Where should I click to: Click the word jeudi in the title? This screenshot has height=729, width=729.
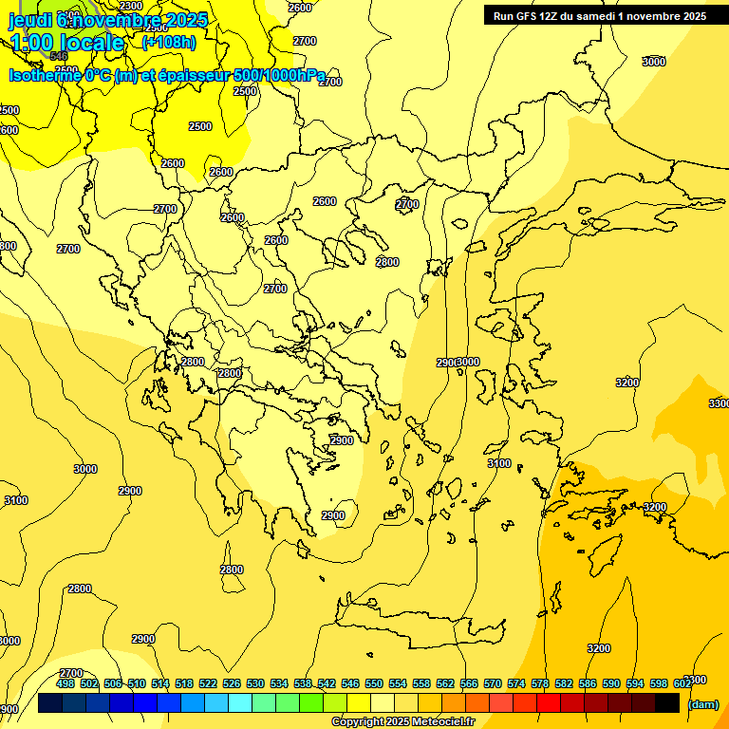coord(30,19)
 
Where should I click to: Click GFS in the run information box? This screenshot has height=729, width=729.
coord(528,16)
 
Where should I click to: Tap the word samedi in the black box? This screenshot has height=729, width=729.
coord(601,16)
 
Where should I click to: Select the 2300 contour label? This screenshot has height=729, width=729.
coord(131,7)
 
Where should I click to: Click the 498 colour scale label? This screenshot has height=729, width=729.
coord(65,683)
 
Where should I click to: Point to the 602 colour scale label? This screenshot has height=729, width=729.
coord(682,683)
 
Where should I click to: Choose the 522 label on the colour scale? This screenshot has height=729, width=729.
coord(208,683)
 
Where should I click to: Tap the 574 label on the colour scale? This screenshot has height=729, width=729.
coord(516,683)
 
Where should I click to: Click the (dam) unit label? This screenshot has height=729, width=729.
coord(702,703)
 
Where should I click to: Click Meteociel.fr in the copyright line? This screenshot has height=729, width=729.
coord(442,722)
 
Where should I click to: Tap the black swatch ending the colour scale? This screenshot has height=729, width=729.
coord(667,703)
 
